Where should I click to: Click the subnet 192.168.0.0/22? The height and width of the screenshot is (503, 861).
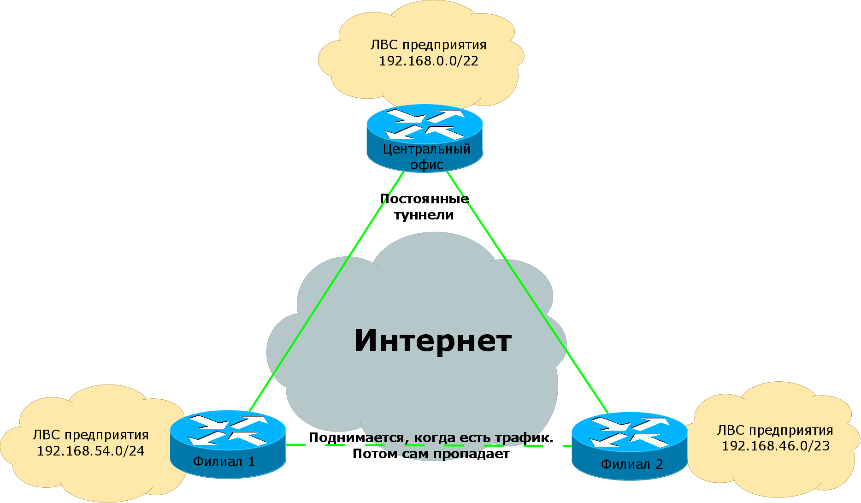428,61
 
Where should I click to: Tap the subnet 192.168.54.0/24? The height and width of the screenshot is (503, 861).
90,451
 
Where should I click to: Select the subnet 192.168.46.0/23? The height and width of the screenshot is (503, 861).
775,446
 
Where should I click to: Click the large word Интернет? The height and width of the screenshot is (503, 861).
433,341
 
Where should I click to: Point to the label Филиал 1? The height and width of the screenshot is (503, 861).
224,462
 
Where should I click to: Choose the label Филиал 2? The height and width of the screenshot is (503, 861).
631,464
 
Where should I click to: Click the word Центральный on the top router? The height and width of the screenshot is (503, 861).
426,149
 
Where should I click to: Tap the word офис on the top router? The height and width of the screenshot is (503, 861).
427,165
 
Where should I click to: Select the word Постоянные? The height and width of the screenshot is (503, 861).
424,199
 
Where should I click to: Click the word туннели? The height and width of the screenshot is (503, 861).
424,215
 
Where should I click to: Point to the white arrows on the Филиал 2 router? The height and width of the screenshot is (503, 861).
630,432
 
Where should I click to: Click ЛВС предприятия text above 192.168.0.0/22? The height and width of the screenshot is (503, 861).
428,45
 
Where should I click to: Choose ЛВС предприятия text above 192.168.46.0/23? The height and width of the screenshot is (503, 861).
775,430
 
